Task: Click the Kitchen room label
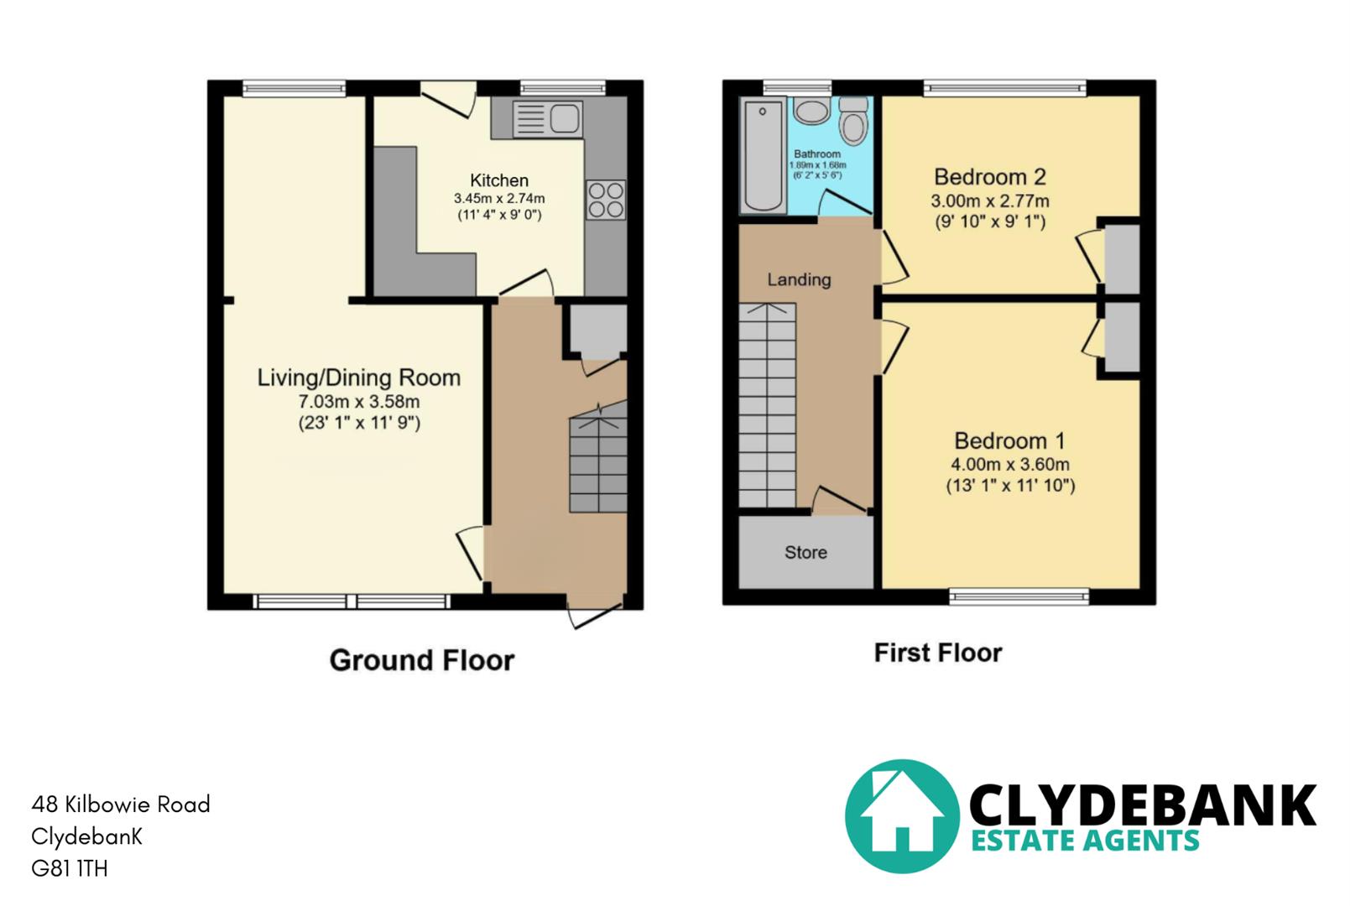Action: (499, 180)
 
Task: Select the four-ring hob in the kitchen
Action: (606, 200)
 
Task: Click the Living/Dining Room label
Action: (359, 377)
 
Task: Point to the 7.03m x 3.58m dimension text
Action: (359, 402)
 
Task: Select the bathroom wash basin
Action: (811, 111)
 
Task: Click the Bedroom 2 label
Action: (990, 177)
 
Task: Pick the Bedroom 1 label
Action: (1010, 440)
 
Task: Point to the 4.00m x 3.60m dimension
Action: (1010, 464)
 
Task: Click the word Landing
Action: (799, 279)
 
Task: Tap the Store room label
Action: (805, 552)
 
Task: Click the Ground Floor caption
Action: (421, 660)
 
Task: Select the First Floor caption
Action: (938, 653)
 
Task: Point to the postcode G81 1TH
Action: (70, 868)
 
